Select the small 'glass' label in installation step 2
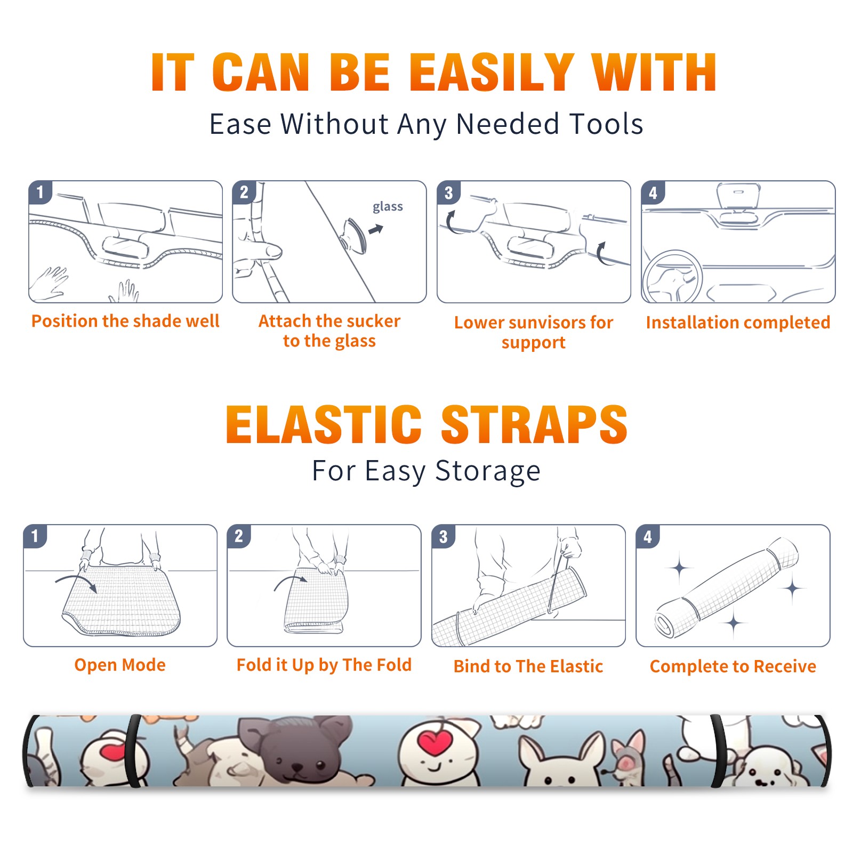click(x=388, y=207)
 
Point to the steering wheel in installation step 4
click(x=672, y=277)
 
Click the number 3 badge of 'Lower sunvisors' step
click(x=449, y=193)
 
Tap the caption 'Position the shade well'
click(x=125, y=321)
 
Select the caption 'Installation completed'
click(x=738, y=323)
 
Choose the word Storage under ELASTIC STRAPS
click(x=488, y=471)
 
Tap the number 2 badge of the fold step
click(x=239, y=536)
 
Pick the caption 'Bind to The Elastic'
click(x=528, y=666)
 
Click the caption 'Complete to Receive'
click(x=733, y=666)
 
